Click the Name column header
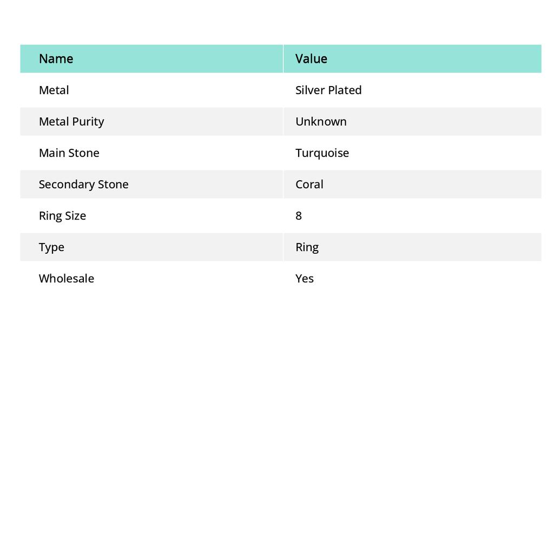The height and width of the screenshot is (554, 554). pos(56,58)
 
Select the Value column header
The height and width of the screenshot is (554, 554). pos(311,58)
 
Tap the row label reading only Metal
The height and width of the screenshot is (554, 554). pos(54,90)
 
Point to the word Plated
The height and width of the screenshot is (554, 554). pos(344,90)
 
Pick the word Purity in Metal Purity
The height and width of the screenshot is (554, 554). pos(88,121)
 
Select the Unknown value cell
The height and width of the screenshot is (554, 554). pos(321,121)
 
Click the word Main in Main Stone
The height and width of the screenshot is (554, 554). pos(50,153)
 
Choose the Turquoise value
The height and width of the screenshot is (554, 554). pos(322,153)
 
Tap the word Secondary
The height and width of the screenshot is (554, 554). pos(65,184)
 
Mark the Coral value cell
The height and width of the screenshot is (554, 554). pos(309,184)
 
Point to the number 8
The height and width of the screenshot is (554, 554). pos(299,215)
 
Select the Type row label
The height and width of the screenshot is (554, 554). pos(51,247)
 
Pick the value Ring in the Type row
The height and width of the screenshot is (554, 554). pos(307,247)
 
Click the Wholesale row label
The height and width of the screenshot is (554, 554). pos(66,278)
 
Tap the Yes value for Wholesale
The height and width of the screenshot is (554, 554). pos(305,278)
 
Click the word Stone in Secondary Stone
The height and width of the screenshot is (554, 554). pos(113,184)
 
